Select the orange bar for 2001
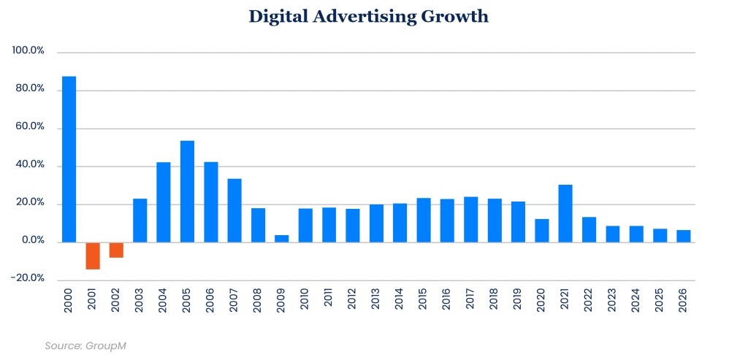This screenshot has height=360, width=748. pyautogui.click(x=93, y=256)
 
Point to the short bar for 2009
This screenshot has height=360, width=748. pyautogui.click(x=282, y=239)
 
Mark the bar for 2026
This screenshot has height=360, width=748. pyautogui.click(x=684, y=236)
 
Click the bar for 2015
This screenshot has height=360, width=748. pyautogui.click(x=424, y=220)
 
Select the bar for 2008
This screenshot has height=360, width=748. pyautogui.click(x=258, y=225)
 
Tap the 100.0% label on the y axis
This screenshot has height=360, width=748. pyautogui.click(x=28, y=51)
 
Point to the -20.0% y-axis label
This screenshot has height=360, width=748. pyautogui.click(x=28, y=279)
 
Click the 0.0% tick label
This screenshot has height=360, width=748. pyautogui.click(x=32, y=241)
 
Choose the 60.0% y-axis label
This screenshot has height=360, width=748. pyautogui.click(x=30, y=127)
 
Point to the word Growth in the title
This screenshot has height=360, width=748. pyautogui.click(x=454, y=17)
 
